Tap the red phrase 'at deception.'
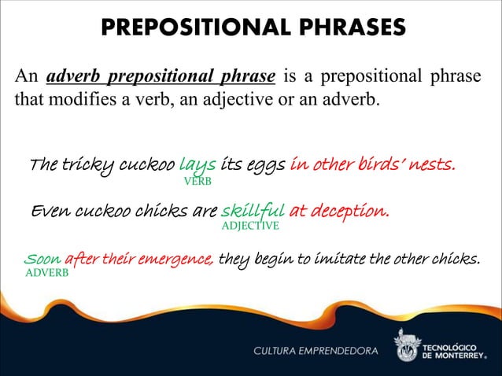339,211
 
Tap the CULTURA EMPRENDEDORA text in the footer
314,348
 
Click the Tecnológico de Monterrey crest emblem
408,344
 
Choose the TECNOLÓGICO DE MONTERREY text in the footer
459,348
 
